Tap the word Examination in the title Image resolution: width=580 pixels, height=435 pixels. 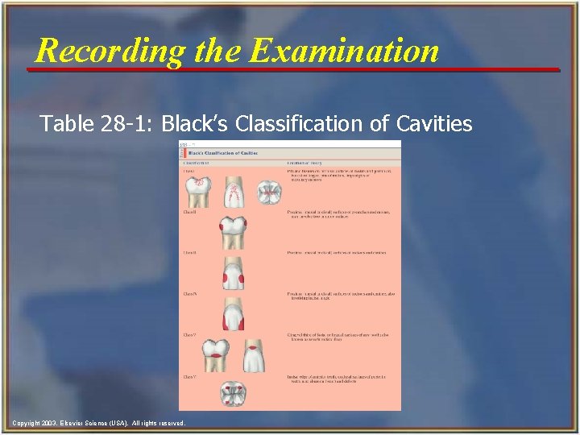pyautogui.click(x=345, y=52)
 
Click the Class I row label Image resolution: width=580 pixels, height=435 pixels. pyautogui.click(x=188, y=171)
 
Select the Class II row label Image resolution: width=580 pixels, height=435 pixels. pyautogui.click(x=189, y=212)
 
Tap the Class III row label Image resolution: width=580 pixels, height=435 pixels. pyautogui.click(x=189, y=253)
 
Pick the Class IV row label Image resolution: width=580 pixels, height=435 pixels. pyautogui.click(x=189, y=293)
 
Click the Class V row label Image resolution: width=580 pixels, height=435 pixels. pyautogui.click(x=189, y=334)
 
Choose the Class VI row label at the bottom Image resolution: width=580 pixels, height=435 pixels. pyautogui.click(x=189, y=376)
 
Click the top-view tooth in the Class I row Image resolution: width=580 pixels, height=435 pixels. pyautogui.click(x=267, y=191)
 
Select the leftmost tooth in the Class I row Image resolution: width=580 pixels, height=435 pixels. pyautogui.click(x=198, y=190)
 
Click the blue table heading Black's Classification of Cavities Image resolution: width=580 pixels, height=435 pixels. pyautogui.click(x=223, y=152)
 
